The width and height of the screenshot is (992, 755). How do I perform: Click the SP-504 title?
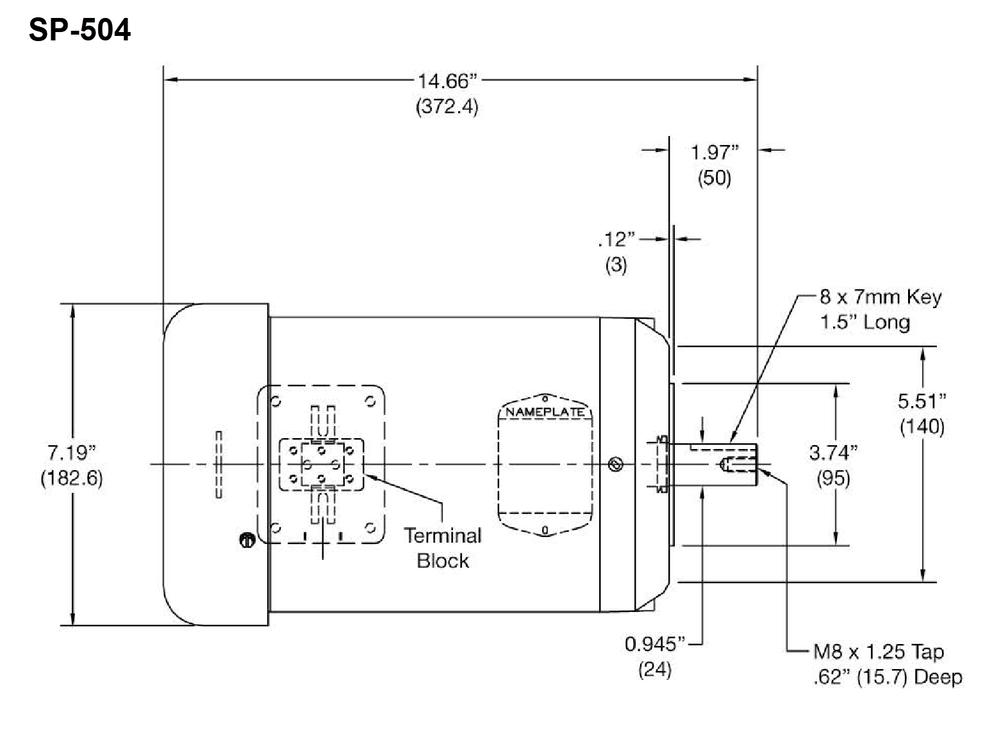(x=79, y=30)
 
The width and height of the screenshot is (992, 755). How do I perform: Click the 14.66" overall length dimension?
(x=448, y=81)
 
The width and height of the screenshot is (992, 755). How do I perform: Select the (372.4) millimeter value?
(x=447, y=106)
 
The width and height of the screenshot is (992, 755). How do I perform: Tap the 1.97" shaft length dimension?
(x=715, y=153)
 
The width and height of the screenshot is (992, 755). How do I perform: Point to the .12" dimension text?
(x=616, y=240)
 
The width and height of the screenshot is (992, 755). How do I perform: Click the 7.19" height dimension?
(x=71, y=453)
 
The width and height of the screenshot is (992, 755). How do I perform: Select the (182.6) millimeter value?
(x=71, y=479)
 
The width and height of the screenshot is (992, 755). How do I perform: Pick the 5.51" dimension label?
(x=922, y=402)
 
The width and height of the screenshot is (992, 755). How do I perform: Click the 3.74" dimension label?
(x=833, y=453)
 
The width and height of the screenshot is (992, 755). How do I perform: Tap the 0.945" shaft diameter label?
(x=655, y=643)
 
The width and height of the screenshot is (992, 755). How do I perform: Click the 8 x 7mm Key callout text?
(x=880, y=297)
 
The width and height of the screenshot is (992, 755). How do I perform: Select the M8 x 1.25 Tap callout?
(x=878, y=652)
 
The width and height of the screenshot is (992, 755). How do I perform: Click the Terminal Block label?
(x=443, y=548)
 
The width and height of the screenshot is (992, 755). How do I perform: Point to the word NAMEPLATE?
(x=545, y=412)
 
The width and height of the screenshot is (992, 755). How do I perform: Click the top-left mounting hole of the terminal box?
(x=276, y=402)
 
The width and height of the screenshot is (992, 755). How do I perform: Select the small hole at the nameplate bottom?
(x=545, y=530)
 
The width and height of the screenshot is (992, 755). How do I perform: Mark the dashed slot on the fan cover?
(x=219, y=465)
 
